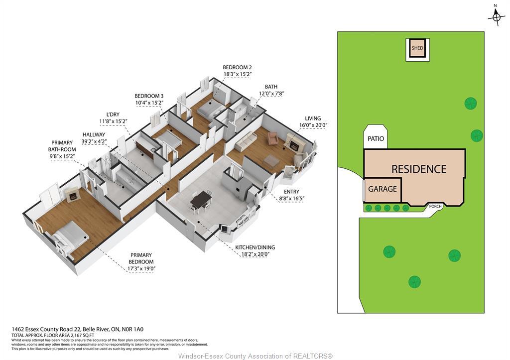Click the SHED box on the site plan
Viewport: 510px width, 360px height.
417,48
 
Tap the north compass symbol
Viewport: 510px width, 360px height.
496,18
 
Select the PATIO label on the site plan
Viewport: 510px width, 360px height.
376,138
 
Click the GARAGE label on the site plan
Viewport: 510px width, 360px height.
382,189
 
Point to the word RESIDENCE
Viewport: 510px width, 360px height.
418,169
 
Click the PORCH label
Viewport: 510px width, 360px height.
434,205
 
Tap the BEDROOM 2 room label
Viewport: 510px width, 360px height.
237,67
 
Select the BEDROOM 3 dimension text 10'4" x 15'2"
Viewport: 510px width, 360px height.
149,103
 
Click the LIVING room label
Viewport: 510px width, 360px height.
313,119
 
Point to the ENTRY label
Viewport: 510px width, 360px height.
291,191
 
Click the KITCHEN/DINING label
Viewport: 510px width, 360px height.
255,247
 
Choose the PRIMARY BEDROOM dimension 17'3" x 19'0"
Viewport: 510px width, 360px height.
141,269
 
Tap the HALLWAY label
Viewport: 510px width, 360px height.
94,134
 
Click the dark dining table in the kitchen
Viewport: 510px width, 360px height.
201,199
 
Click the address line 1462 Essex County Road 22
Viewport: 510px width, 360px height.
77,329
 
